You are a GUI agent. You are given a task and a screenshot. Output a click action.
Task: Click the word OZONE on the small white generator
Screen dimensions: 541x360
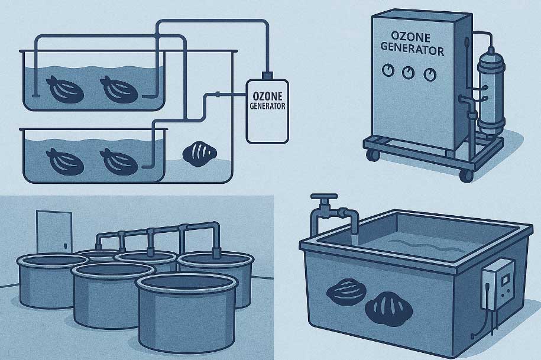pos(267,96)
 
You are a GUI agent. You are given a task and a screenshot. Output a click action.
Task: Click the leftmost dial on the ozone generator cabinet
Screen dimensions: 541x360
pos(388,70)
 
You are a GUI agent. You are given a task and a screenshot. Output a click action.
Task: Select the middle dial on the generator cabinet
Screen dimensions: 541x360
pos(409,72)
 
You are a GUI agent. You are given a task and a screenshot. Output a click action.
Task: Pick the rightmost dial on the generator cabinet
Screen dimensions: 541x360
pos(430,74)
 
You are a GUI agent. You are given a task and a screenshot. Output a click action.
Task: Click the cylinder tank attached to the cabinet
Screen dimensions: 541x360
pos(491,93)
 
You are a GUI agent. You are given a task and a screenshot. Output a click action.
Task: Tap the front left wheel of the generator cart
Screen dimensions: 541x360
pos(372,155)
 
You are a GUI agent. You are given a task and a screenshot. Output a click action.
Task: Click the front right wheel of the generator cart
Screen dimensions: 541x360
pos(467,176)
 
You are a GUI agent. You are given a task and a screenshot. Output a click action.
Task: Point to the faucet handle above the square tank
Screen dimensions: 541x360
pos(324,196)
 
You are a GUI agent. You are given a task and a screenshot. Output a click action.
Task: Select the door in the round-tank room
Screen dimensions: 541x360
pos(54,232)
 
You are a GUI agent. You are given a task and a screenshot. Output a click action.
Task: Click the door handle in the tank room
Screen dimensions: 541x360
pos(64,245)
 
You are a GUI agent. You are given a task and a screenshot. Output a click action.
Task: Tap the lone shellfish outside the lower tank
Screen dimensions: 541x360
pos(199,154)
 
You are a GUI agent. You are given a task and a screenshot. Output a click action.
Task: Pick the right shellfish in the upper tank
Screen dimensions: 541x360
pos(119,90)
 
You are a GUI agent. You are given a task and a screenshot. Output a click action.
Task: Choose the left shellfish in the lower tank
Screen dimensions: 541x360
pos(65,162)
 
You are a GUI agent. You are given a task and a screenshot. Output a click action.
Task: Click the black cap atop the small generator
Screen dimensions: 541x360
pos(267,75)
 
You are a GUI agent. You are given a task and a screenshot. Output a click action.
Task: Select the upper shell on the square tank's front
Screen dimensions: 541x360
pos(346,293)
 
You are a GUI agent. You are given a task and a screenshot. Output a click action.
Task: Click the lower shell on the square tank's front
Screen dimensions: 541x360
pos(388,309)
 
